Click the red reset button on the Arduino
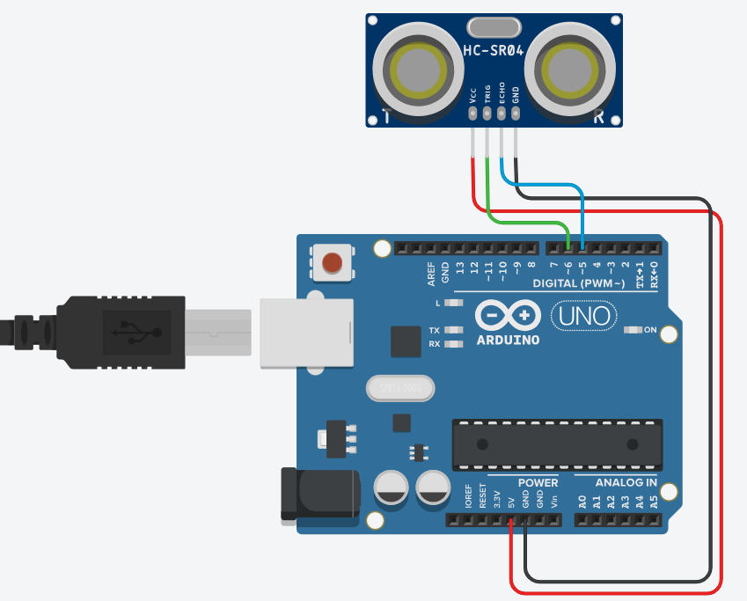[333, 262]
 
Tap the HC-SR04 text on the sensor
[494, 52]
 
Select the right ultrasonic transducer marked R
[570, 70]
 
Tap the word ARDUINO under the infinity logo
[509, 339]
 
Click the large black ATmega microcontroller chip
[557, 443]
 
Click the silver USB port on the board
[306, 332]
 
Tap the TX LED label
[435, 331]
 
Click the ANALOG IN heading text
[626, 482]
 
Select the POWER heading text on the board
[538, 482]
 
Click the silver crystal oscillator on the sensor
[494, 26]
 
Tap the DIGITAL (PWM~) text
[578, 283]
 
